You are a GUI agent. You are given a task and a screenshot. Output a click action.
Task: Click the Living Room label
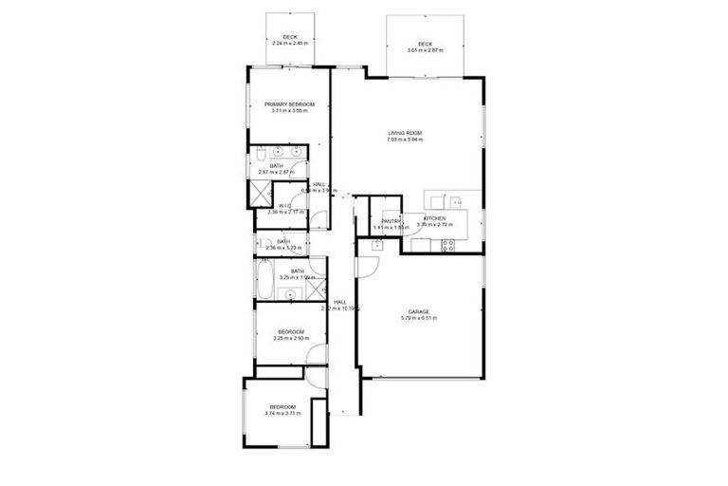[x=405, y=132]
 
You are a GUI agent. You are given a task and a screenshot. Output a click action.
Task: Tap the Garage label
[x=419, y=311]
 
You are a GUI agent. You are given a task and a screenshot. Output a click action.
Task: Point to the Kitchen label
[x=435, y=218]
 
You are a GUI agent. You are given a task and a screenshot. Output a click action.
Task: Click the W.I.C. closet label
[x=284, y=205]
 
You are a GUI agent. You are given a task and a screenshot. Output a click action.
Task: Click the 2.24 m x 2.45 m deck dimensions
[x=290, y=44]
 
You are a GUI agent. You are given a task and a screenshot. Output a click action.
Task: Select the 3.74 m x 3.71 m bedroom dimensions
[x=284, y=414]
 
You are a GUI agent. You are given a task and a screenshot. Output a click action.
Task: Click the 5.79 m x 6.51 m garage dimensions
[x=419, y=319]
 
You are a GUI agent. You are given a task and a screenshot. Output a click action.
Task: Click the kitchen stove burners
[x=448, y=246]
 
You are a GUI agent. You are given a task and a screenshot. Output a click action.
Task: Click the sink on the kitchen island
[x=452, y=200]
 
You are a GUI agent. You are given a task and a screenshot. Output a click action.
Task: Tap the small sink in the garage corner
[x=376, y=244]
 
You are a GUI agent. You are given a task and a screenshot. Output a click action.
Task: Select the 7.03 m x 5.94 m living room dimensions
[x=405, y=140]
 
